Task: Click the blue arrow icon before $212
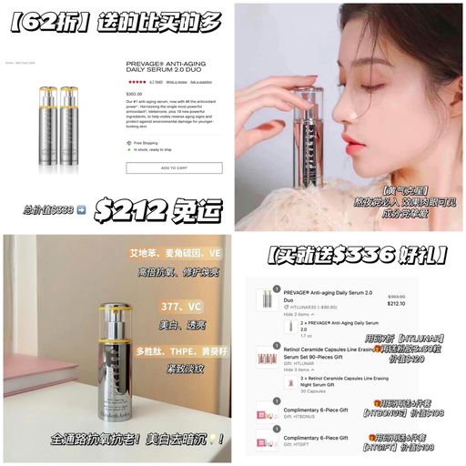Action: pyautogui.click(x=82, y=208)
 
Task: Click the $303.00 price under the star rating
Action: pyautogui.click(x=134, y=94)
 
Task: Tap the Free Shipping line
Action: pyautogui.click(x=146, y=143)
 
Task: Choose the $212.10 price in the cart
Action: pyautogui.click(x=396, y=304)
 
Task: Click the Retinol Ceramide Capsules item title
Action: pyautogui.click(x=341, y=348)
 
